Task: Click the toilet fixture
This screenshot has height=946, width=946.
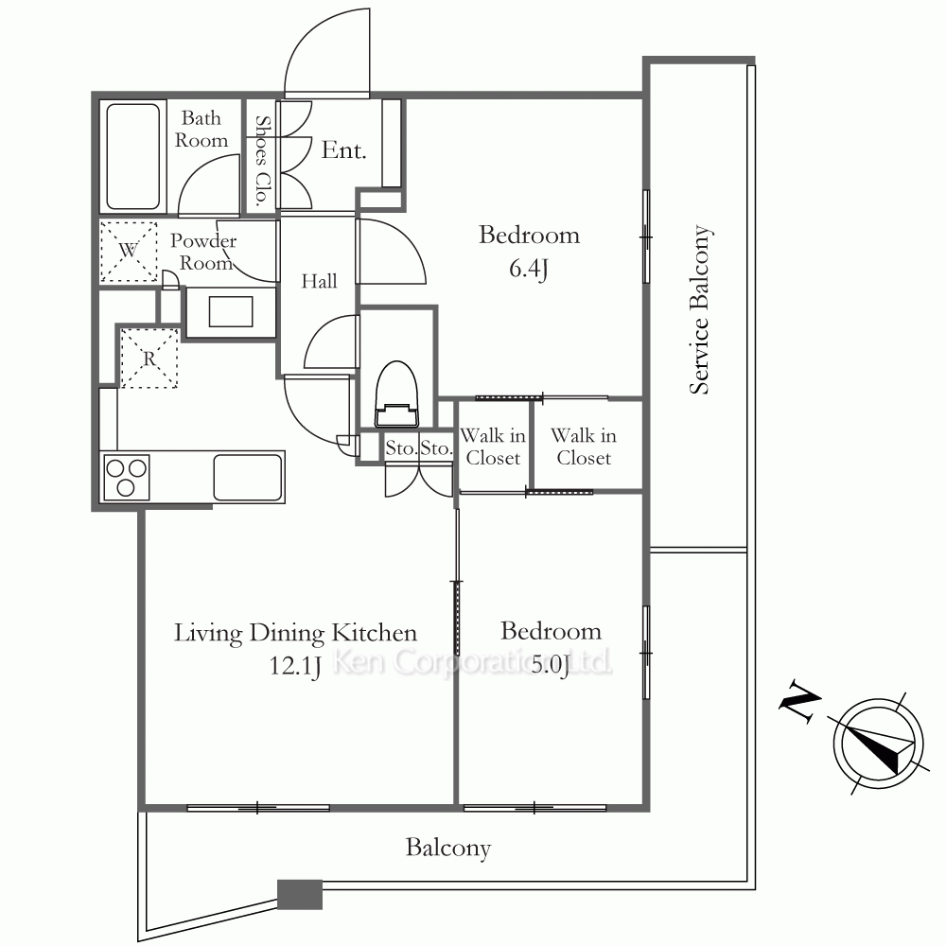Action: [x=396, y=394]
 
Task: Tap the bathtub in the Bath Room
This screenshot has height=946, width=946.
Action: [x=132, y=156]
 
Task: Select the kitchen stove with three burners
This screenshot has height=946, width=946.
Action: [x=126, y=477]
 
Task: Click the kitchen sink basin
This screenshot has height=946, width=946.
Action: [x=247, y=477]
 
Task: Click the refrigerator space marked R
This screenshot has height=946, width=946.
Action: [x=149, y=359]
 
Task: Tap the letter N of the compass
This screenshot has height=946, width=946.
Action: [x=799, y=701]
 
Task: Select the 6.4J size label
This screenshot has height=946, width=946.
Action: [x=529, y=269]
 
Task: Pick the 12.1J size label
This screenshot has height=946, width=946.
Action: [x=294, y=666]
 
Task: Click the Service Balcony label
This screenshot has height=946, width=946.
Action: [x=700, y=309]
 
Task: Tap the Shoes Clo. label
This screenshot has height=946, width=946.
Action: [x=262, y=161]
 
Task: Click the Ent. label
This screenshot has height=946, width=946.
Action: [x=344, y=149]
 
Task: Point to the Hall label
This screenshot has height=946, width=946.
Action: [x=319, y=281]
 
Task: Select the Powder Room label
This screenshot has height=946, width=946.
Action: [x=203, y=252]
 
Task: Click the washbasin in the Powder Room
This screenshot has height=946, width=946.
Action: [x=231, y=312]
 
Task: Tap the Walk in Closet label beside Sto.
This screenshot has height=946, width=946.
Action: [x=493, y=447]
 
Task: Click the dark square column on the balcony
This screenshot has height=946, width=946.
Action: [x=300, y=895]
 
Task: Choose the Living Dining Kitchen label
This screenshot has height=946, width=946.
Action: [x=295, y=633]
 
